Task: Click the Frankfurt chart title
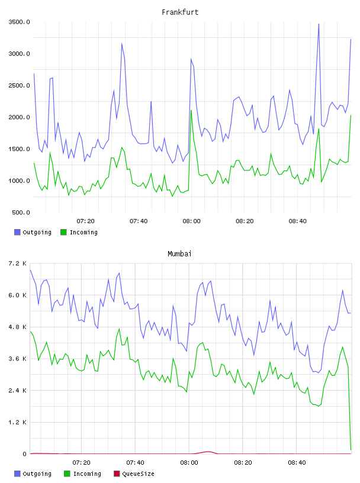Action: pyautogui.click(x=180, y=12)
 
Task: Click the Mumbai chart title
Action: pyautogui.click(x=179, y=254)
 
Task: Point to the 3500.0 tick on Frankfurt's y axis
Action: pyautogui.click(x=20, y=22)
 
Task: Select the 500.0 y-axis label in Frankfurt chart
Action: pyautogui.click(x=21, y=212)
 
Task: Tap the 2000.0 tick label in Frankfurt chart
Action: pyautogui.click(x=20, y=117)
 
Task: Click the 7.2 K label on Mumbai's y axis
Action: pyautogui.click(x=17, y=263)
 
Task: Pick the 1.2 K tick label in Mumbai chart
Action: pyautogui.click(x=17, y=422)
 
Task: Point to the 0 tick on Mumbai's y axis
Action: pyautogui.click(x=24, y=454)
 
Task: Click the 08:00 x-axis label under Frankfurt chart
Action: pyautogui.click(x=191, y=221)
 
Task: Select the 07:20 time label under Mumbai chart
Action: pyautogui.click(x=81, y=463)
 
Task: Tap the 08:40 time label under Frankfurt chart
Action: pyautogui.click(x=297, y=221)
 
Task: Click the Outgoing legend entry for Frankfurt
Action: pyautogui.click(x=33, y=232)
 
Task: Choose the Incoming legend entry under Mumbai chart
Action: pyautogui.click(x=83, y=474)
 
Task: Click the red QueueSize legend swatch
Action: pyautogui.click(x=117, y=474)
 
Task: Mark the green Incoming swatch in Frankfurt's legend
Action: pyautogui.click(x=63, y=232)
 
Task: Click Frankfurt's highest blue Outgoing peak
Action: pyautogui.click(x=319, y=24)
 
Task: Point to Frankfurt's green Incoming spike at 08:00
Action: pyautogui.click(x=191, y=110)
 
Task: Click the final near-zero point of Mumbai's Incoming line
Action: pyautogui.click(x=351, y=450)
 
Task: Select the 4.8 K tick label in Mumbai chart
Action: pyautogui.click(x=17, y=327)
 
